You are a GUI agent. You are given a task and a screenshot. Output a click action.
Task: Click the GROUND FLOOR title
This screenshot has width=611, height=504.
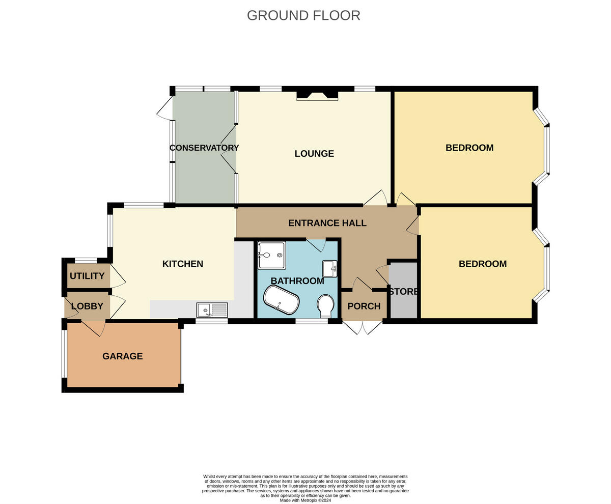click(303, 15)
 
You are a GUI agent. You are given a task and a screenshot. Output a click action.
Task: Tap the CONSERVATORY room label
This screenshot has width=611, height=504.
click(204, 148)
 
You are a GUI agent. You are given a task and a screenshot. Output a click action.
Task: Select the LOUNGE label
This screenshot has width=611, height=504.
click(314, 153)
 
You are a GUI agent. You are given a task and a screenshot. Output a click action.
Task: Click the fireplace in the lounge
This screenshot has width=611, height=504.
click(317, 95)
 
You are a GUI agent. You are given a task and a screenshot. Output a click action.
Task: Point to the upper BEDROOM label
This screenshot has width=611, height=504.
click(469, 148)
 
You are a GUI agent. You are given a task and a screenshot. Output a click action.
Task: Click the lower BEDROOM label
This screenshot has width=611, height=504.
click(482, 264)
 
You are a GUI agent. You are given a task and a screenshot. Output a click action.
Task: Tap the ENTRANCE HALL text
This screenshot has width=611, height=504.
click(327, 223)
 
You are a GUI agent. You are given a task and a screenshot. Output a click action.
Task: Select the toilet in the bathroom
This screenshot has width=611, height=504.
click(325, 306)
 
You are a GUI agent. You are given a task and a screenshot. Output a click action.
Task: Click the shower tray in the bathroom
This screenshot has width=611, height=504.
click(271, 255)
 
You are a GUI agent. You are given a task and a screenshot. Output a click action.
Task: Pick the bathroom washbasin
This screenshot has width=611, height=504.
click(329, 268)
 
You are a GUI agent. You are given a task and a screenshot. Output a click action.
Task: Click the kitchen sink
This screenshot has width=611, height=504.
click(212, 310)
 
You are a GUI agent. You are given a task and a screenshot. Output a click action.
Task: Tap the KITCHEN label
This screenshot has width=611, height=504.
click(182, 264)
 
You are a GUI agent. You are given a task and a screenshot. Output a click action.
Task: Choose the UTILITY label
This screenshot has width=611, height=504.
click(87, 276)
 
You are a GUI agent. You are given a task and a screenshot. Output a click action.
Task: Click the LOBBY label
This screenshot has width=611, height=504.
click(87, 306)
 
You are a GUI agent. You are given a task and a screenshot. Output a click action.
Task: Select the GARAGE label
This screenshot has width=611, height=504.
click(122, 356)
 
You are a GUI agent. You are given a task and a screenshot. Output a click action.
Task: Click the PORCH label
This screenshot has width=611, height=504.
click(364, 306)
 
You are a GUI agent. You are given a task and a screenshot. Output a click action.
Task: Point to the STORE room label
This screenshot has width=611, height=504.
click(403, 292)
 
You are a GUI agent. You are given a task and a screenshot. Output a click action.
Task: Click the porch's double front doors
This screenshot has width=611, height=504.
click(362, 327)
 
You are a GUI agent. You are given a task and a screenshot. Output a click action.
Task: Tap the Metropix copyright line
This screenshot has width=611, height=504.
click(305, 500)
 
